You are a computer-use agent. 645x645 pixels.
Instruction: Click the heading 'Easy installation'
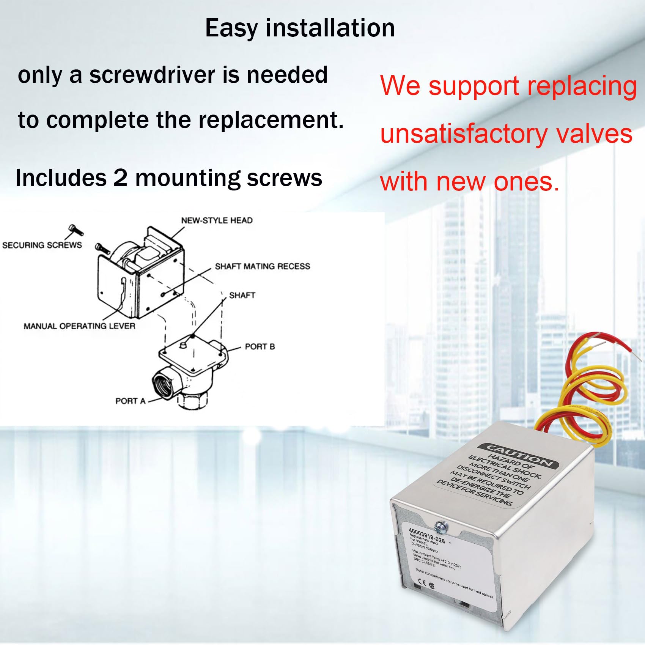point(300,28)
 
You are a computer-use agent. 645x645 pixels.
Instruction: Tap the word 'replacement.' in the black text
point(271,120)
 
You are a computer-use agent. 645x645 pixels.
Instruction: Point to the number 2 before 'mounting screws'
point(120,178)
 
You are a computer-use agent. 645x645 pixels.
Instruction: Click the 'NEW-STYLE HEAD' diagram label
point(217,220)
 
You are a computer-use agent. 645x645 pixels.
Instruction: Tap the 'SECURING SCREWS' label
point(42,245)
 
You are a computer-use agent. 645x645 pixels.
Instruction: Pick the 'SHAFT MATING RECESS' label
point(262,266)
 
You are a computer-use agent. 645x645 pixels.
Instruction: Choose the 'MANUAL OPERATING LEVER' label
point(79,326)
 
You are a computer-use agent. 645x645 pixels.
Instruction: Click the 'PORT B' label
point(260,346)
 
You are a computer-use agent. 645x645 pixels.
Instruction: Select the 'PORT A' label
point(130,401)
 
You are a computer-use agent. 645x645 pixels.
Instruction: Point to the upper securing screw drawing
point(75,230)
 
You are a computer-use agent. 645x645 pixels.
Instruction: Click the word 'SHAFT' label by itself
point(242,295)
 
